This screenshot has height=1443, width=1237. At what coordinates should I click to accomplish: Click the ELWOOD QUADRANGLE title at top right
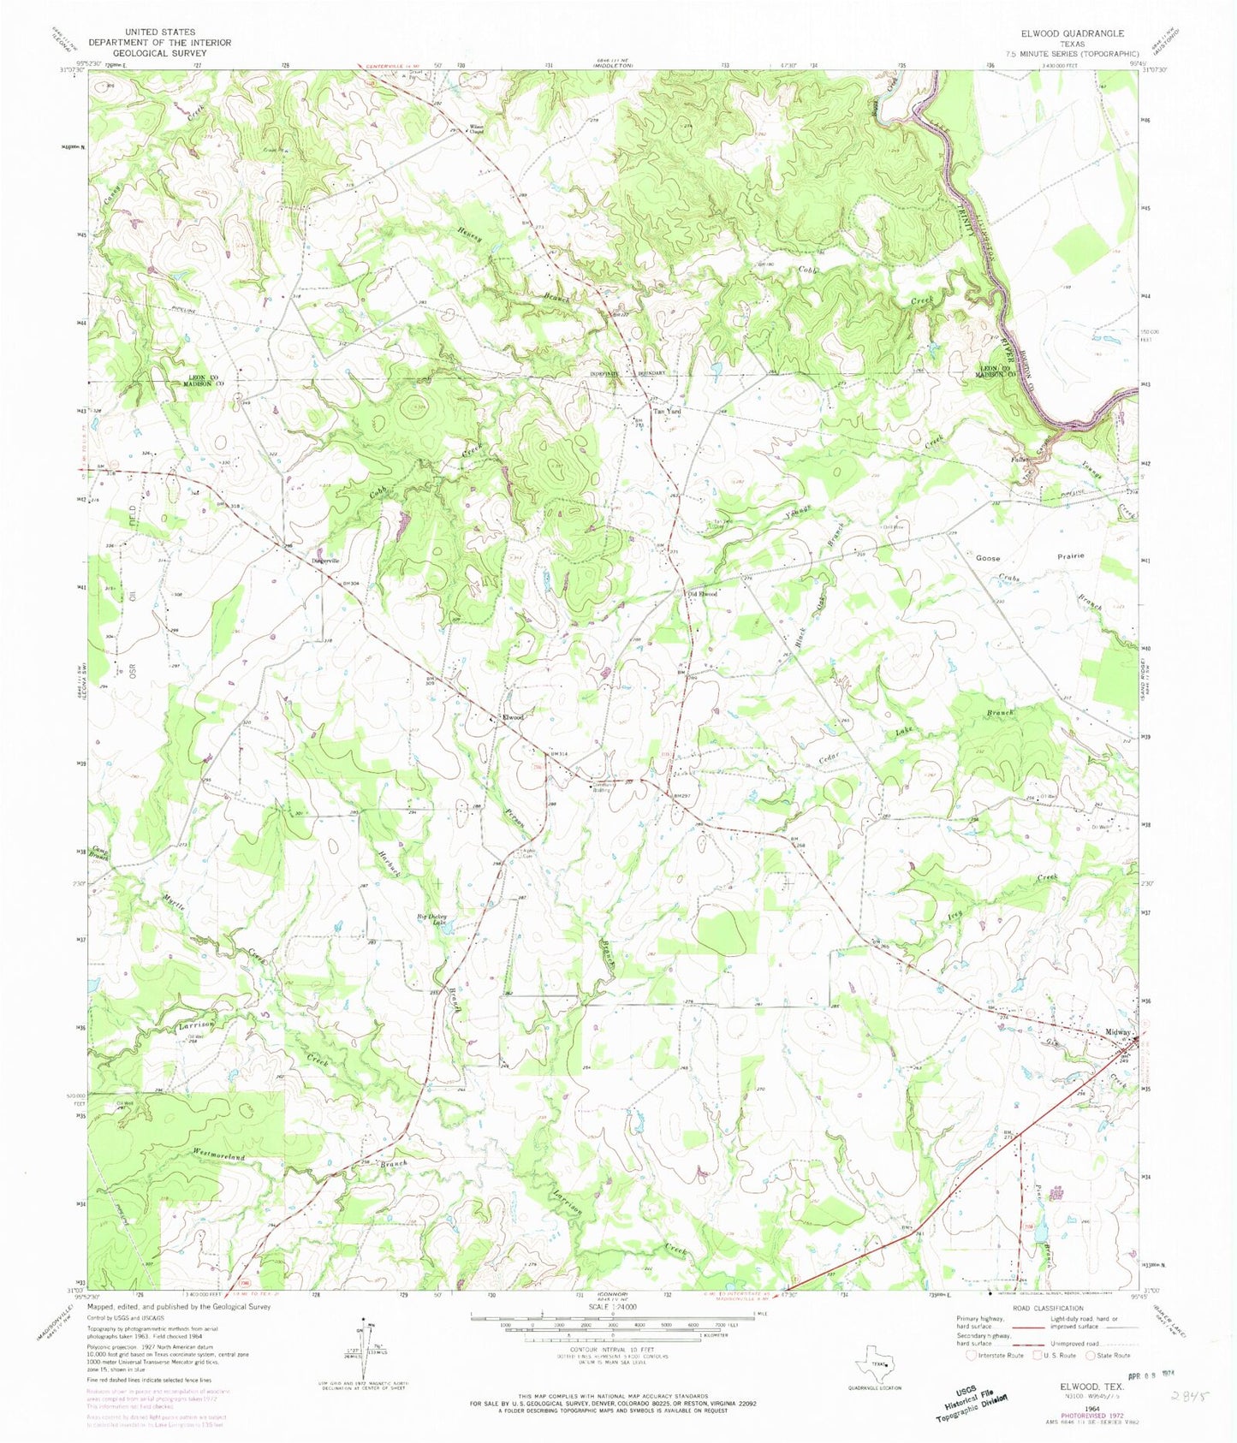coord(1071,33)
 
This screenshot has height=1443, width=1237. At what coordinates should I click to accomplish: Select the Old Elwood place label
coord(702,593)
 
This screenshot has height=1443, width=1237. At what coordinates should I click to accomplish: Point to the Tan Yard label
coord(668,412)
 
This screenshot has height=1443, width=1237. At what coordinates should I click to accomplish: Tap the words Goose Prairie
coord(1030,556)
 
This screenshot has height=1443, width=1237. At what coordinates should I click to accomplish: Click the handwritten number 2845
coord(1190,1395)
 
